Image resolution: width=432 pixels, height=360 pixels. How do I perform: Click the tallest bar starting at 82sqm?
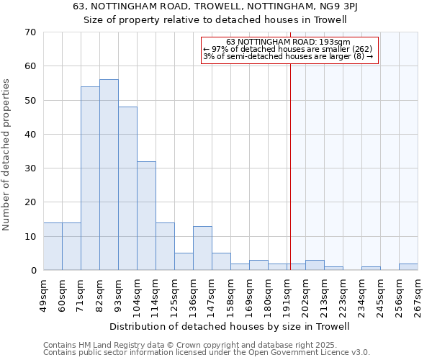pyautogui.click(x=109, y=175)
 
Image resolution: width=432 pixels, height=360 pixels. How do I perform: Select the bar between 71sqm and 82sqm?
pyautogui.click(x=90, y=179)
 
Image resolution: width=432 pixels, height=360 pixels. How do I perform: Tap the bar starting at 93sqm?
pyautogui.click(x=127, y=189)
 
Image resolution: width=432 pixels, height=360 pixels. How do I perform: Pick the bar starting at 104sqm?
pyautogui.click(x=146, y=216)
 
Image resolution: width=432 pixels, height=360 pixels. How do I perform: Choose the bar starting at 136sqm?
pyautogui.click(x=202, y=248)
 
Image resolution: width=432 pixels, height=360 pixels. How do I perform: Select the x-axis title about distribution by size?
pyautogui.click(x=230, y=326)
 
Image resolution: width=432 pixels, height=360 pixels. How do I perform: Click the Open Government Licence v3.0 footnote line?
pyautogui.click(x=207, y=353)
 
